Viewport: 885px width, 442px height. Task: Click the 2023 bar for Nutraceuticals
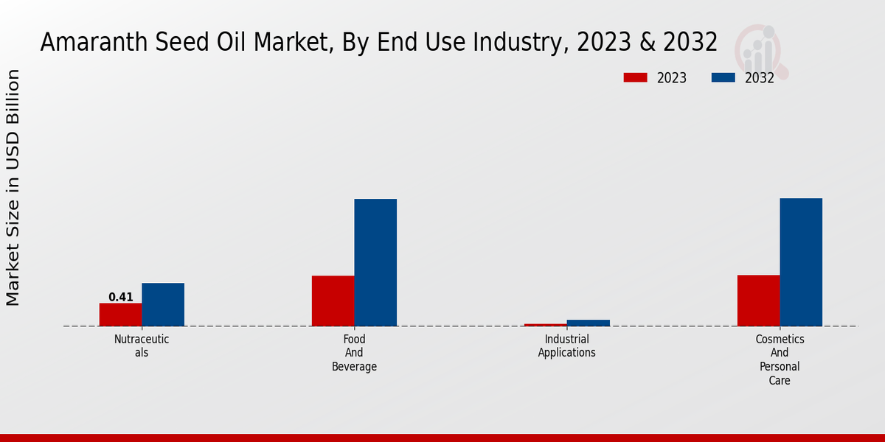120,315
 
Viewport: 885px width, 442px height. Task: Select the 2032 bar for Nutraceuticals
163,304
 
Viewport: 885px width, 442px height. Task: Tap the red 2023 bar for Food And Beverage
333,301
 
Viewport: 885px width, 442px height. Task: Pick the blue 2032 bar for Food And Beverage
375,262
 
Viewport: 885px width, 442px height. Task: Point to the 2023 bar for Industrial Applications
546,324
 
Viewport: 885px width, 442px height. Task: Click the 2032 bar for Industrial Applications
589,323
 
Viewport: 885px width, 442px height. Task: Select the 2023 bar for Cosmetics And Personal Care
758,301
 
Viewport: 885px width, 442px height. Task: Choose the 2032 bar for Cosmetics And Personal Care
801,262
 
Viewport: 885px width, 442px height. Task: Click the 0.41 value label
121,298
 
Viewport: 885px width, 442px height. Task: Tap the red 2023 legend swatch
635,77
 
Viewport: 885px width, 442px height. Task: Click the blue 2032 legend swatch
723,77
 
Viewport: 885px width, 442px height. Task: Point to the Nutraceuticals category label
142,345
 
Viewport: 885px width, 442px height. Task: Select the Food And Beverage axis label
354,353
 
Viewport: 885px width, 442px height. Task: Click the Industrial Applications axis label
566,345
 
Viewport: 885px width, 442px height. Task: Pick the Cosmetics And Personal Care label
780,359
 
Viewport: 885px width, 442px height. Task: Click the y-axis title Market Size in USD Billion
13,188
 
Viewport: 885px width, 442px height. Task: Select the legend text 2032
760,78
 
